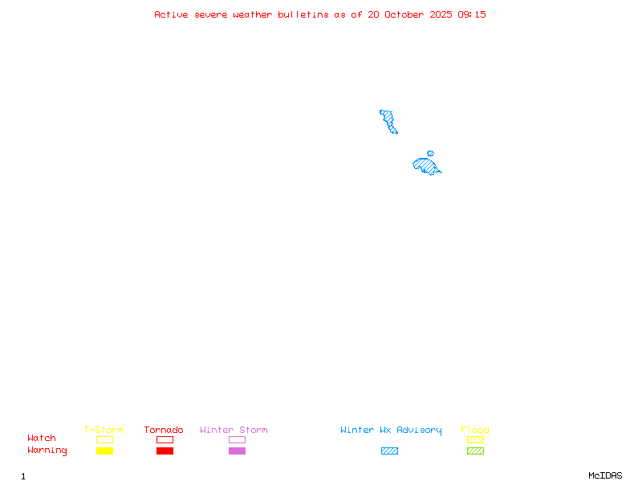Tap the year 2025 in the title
441,14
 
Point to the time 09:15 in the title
472,14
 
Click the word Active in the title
171,14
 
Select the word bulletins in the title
303,14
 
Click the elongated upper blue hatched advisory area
388,121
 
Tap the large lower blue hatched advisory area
426,166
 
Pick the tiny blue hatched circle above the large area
430,153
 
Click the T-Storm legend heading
104,430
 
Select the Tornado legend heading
164,430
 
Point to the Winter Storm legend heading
234,430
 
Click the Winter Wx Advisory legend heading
391,430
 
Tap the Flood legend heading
475,430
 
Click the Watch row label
42,438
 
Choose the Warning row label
47,451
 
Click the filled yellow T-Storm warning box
105,451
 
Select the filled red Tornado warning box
165,451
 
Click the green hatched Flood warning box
475,451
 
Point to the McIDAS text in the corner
605,475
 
